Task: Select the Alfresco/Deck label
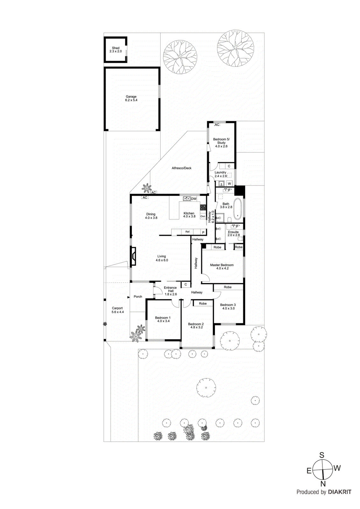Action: tap(181, 168)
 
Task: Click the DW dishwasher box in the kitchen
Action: tap(194, 199)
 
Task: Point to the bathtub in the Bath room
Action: tap(237, 209)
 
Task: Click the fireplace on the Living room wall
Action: tap(133, 256)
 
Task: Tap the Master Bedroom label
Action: tap(222, 265)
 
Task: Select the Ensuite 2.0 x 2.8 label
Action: tap(233, 234)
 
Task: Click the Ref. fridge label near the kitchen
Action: tap(187, 232)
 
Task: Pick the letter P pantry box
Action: tap(203, 233)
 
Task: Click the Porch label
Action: tap(138, 296)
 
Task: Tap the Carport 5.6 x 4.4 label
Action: tap(117, 310)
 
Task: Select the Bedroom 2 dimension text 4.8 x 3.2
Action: tap(196, 327)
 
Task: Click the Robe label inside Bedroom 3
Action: tap(228, 287)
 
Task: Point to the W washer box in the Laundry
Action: tap(229, 184)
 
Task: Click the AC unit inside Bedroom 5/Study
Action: tap(217, 125)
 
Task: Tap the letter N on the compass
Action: tap(323, 484)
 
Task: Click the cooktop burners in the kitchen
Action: tap(203, 208)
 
